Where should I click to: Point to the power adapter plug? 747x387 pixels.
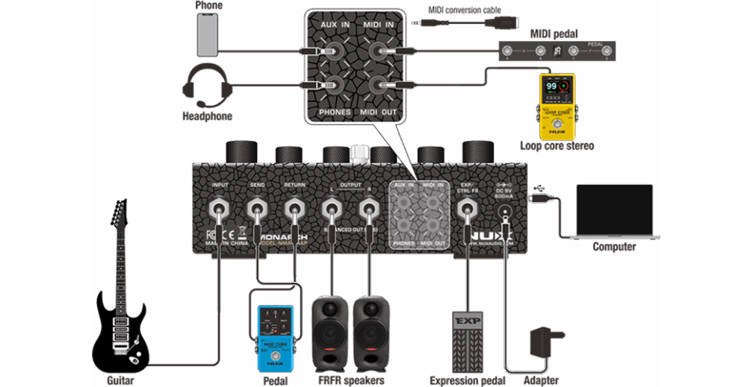[543, 344]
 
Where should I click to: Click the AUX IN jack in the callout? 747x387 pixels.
[329, 51]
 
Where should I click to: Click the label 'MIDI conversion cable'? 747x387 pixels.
[464, 10]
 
